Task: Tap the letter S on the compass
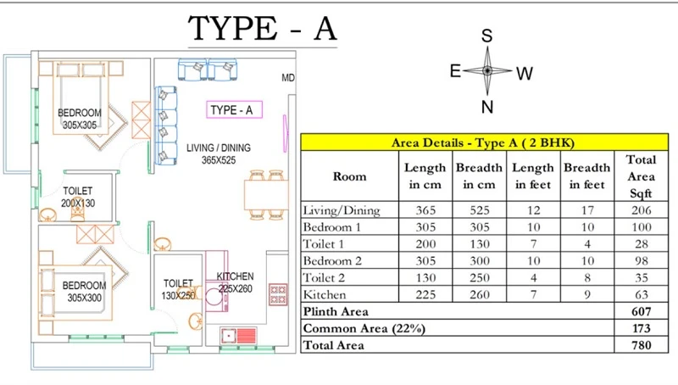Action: click(x=486, y=36)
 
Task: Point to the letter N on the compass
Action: click(x=486, y=107)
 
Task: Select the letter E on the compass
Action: click(x=455, y=71)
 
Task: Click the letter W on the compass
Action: click(x=524, y=74)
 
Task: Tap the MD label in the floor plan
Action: click(x=288, y=79)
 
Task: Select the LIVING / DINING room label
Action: click(x=219, y=153)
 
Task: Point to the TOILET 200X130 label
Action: click(x=77, y=198)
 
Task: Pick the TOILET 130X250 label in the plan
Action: click(x=178, y=289)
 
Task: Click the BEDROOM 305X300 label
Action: click(x=85, y=291)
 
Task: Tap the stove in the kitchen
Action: click(x=277, y=294)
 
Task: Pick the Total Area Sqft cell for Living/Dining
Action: click(x=640, y=210)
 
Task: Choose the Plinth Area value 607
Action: click(x=640, y=311)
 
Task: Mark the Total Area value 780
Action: click(x=640, y=345)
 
